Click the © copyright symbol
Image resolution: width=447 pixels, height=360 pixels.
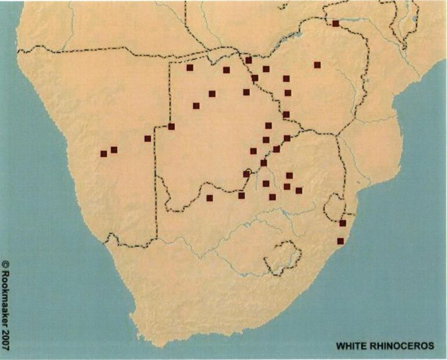[x=6, y=264]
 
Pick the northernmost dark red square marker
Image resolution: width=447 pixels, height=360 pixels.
[x=336, y=24]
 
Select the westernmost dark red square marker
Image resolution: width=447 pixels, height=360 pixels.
[x=103, y=154]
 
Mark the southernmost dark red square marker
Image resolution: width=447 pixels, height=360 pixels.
[x=340, y=241]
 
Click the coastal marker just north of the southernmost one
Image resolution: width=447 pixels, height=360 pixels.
[x=343, y=223]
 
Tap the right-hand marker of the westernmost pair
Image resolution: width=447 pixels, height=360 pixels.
[x=114, y=150]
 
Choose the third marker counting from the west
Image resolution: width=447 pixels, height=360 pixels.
[x=147, y=139]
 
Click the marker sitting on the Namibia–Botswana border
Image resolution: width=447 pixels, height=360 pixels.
[x=171, y=127]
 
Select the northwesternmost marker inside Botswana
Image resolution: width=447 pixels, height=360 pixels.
[x=190, y=68]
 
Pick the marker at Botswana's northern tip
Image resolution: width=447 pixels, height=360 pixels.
[x=248, y=60]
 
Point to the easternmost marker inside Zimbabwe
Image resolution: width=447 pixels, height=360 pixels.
[x=317, y=65]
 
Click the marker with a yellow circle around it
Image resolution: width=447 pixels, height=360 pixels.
[x=246, y=174]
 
